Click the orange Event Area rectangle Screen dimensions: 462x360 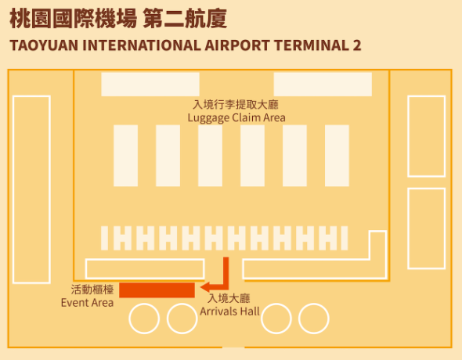[157, 290]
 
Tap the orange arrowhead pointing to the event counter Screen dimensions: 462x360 [205, 286]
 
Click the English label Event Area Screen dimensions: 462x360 [87, 303]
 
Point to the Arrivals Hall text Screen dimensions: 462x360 [229, 311]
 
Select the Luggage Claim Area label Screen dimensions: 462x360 [236, 117]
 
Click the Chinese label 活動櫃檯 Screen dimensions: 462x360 [92, 290]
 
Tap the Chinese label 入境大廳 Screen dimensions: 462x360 [229, 298]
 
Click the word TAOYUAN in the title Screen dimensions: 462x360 [44, 45]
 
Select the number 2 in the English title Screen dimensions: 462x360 [356, 45]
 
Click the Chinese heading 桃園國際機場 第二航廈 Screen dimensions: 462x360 [118, 19]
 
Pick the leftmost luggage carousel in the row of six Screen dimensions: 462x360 [126, 156]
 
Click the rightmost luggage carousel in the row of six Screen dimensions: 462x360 [337, 156]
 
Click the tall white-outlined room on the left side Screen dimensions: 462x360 [13, 189]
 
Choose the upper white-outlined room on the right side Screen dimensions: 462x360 [409, 136]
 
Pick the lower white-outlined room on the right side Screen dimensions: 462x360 [409, 229]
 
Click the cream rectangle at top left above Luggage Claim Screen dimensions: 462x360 [150, 85]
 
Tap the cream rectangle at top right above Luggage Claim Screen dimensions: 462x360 [323, 85]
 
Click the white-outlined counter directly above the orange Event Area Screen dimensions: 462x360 [145, 260]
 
